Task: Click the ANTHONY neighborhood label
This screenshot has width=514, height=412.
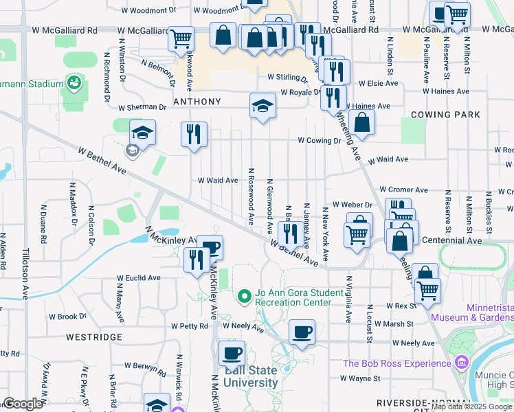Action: pos(197,102)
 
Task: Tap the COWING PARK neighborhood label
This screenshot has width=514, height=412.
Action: pos(445,115)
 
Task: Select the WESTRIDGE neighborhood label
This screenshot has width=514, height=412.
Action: pos(94,337)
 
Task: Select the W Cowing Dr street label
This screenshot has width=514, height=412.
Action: pos(320,140)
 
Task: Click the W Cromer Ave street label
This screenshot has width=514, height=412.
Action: pos(403,190)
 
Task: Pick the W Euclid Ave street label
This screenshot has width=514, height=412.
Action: pos(138,278)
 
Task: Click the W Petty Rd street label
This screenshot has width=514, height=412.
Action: pos(190,326)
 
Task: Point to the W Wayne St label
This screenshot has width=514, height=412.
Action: pos(360,378)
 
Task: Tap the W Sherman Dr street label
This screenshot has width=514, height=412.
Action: pos(142,107)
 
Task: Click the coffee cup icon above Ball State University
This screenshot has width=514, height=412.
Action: pos(232,354)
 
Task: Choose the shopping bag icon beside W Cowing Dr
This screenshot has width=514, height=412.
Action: pos(361,123)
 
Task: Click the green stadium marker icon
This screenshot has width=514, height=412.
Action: pos(74,84)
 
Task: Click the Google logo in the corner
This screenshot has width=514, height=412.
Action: pos(23,404)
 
